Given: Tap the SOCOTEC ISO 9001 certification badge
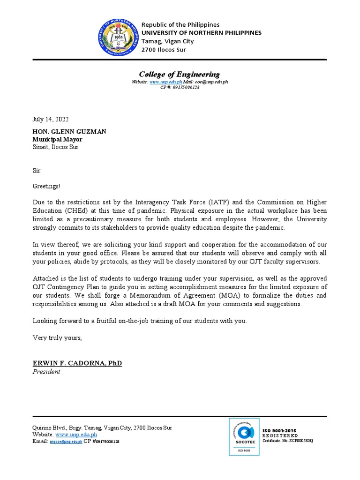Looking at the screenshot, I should (x=244, y=436).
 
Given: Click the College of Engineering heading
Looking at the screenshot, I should (x=179, y=74).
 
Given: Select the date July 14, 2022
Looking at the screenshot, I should (x=51, y=120).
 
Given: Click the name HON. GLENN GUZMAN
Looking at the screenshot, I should (x=69, y=132).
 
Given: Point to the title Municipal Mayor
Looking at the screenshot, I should (x=57, y=139).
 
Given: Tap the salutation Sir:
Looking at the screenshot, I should (x=37, y=171).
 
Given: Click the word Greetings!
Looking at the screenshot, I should (x=46, y=186).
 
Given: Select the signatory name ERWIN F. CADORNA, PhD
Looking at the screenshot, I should (x=77, y=363).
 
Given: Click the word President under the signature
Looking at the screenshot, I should (x=46, y=372).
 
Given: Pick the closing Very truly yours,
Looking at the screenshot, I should (x=57, y=337).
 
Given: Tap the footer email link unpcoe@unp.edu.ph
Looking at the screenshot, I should (x=66, y=442).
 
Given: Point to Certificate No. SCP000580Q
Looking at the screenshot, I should (x=287, y=441).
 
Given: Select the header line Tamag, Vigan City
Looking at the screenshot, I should (x=167, y=41).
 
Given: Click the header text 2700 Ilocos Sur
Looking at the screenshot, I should (x=164, y=50).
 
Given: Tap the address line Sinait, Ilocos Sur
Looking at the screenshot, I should (x=55, y=147).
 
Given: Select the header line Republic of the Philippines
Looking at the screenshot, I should (x=180, y=24).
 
